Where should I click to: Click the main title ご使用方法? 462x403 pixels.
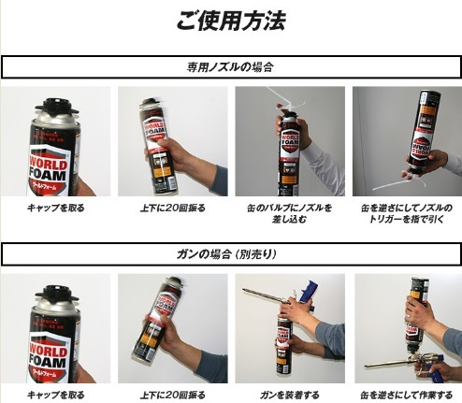click(231, 21)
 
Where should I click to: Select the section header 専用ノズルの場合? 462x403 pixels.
click(231, 67)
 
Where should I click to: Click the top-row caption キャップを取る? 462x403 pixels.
click(55, 208)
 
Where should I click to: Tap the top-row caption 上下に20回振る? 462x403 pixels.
click(172, 208)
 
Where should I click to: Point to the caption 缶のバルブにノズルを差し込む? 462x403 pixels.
click(289, 214)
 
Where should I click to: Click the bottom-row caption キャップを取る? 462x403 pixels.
click(55, 395)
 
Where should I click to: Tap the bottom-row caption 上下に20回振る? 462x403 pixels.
click(172, 395)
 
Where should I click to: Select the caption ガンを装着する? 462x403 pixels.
click(289, 395)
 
